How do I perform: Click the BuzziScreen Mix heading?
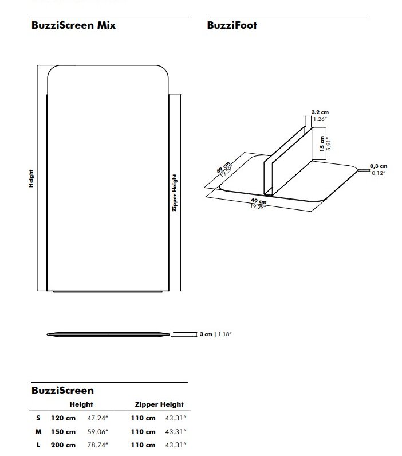[73, 25]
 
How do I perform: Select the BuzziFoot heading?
[232, 25]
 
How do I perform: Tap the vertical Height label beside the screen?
[31, 178]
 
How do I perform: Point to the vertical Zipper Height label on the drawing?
[175, 193]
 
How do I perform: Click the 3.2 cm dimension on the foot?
[320, 112]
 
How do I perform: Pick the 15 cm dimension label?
[322, 143]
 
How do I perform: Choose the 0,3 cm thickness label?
[379, 166]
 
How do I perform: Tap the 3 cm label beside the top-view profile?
[206, 334]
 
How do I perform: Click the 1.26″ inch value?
[320, 119]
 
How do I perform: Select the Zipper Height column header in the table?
[159, 404]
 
